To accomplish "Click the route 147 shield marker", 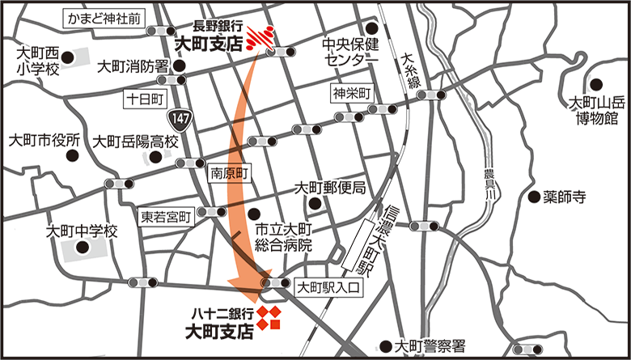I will coord(186,119).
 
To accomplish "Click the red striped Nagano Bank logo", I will coord(260,37).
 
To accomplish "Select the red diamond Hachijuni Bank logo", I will coord(269,318).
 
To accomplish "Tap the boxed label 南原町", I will coord(231,172).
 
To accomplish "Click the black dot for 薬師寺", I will coord(533,196).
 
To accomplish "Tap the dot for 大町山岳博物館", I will coord(595,83).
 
